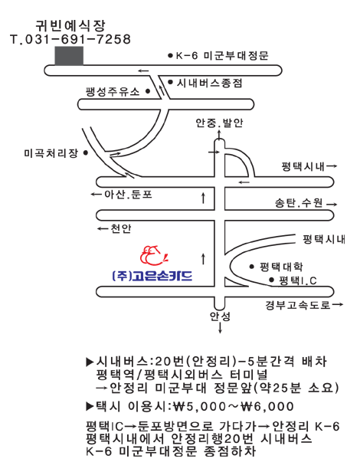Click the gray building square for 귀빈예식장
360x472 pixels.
tap(69, 56)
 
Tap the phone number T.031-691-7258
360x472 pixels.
tap(70, 39)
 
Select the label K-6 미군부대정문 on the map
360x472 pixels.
tap(222, 56)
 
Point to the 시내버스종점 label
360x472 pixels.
tap(210, 83)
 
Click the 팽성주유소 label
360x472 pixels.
tap(113, 91)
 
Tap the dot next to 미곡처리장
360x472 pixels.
tap(86, 153)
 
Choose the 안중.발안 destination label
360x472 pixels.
tap(219, 123)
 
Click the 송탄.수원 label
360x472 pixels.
tap(299, 203)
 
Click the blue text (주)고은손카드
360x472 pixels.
tap(152, 276)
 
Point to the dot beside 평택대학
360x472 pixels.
tap(252, 267)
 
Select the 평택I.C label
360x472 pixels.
tap(298, 280)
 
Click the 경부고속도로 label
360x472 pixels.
tap(298, 305)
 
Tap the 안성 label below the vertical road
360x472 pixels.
tap(220, 316)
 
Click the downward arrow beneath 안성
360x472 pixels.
tap(220, 328)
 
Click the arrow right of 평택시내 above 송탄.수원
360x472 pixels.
tap(332, 166)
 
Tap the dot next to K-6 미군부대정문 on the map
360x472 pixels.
tap(170, 55)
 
